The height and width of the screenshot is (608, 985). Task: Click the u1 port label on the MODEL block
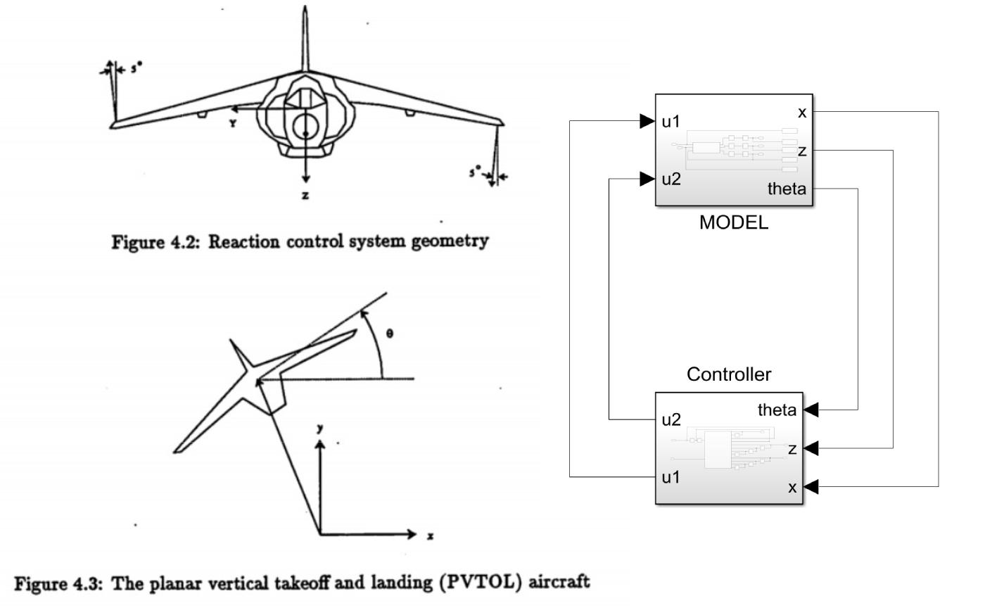671,121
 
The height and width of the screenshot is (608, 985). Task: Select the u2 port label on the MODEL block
671,179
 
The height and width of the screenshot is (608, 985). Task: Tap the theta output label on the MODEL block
787,189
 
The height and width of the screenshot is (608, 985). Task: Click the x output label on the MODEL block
802,112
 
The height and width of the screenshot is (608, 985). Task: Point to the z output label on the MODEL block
802,151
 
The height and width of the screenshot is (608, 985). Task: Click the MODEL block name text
734,223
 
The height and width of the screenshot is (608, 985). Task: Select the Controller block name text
729,374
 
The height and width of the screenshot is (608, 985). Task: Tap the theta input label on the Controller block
777,410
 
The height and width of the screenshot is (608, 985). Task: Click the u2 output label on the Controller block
671,420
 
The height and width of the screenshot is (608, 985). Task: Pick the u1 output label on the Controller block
671,477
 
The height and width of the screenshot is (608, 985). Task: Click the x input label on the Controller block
792,487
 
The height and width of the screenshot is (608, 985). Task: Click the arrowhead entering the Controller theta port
811,410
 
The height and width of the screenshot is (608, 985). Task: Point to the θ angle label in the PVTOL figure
390,334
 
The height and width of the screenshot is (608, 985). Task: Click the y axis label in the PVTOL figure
320,427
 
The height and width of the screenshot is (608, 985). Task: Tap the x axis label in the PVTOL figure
431,536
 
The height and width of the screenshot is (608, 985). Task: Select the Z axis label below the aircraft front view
305,196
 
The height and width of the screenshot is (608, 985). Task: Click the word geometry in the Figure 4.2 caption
451,241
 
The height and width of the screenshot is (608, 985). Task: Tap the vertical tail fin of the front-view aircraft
305,39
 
